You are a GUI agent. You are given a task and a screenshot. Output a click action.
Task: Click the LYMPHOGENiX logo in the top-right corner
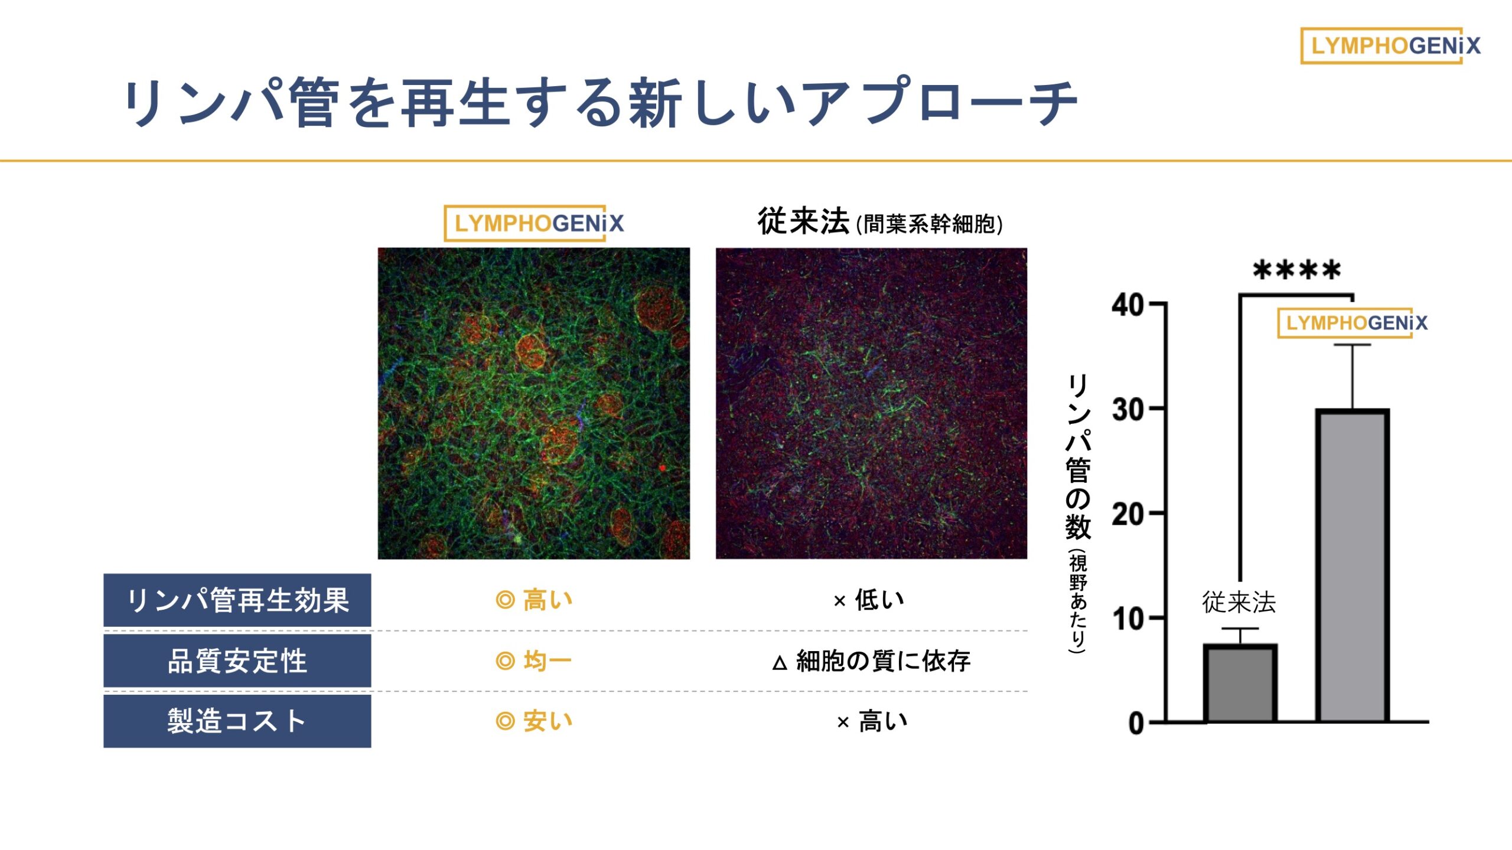tap(1390, 45)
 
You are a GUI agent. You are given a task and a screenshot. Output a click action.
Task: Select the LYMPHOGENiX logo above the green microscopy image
tap(533, 223)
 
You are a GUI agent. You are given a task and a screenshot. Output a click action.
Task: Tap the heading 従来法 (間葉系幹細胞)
tap(880, 222)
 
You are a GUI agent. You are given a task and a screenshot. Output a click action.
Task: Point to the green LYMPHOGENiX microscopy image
tap(534, 403)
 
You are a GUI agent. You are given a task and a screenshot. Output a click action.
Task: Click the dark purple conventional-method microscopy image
tap(871, 403)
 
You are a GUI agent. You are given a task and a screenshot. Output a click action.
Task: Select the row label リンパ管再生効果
tap(237, 600)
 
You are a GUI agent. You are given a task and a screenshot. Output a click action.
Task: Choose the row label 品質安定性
tap(237, 661)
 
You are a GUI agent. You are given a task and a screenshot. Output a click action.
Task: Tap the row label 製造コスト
tap(237, 721)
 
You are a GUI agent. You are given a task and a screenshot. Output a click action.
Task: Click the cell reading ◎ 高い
tap(534, 600)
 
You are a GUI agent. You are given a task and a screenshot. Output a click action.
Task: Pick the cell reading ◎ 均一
tap(534, 661)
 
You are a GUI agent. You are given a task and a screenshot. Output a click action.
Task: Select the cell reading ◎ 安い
tap(534, 721)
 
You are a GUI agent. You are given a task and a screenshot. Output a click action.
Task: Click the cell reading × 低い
tap(869, 600)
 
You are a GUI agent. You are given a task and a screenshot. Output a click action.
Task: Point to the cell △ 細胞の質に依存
tap(871, 661)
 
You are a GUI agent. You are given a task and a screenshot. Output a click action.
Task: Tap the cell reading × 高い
tap(872, 721)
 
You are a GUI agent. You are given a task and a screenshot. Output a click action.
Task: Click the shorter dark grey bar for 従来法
tap(1240, 683)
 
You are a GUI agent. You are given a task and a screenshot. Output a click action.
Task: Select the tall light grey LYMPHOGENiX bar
tap(1352, 565)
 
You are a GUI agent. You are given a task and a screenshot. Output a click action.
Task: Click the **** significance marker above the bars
tap(1296, 270)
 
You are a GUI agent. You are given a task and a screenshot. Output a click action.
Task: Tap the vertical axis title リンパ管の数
tap(1078, 457)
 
